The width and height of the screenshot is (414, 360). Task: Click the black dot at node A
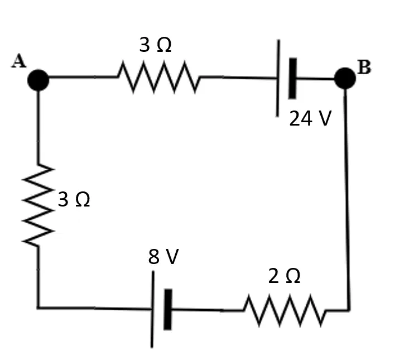pos(38,80)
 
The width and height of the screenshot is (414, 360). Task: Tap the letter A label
pos(19,61)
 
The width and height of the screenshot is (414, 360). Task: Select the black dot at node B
pos(345,78)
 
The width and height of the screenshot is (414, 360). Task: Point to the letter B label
pos(364,67)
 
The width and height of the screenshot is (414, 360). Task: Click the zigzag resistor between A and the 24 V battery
pos(158,77)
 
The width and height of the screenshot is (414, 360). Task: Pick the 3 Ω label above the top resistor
pos(155,45)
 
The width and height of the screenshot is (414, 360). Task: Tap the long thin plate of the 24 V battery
pos(278,78)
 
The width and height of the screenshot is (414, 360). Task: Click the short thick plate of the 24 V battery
pos(292,78)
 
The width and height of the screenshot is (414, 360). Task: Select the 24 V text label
pos(310,118)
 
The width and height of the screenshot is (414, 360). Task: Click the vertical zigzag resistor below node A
pos(38,205)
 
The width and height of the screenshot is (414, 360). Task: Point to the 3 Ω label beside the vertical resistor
pos(74,199)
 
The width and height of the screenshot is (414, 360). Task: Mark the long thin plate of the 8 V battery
pos(152,309)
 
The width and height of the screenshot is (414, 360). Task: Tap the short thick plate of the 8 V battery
pos(168,309)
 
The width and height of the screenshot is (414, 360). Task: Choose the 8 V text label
pos(163,256)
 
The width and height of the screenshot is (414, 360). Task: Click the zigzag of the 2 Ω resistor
pos(285,310)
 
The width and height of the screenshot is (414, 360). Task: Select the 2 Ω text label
pos(284,276)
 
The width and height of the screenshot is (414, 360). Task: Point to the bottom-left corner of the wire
pos(38,308)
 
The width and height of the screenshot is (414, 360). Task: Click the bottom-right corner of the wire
pos(349,310)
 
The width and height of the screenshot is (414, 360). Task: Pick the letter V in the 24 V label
pos(325,118)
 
